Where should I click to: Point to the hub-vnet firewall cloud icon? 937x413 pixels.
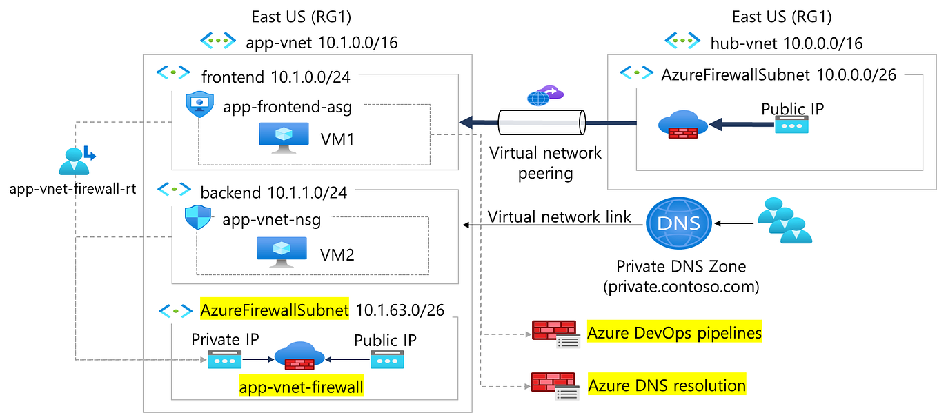pyautogui.click(x=682, y=125)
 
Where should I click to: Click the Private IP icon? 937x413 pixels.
pyautogui.click(x=225, y=359)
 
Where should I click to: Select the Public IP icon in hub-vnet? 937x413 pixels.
pyautogui.click(x=791, y=125)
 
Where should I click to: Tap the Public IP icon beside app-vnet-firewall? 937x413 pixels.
pyautogui.click(x=387, y=359)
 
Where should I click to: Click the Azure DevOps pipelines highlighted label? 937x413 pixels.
pyautogui.click(x=674, y=333)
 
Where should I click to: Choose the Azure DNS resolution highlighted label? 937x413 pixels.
pyautogui.click(x=666, y=385)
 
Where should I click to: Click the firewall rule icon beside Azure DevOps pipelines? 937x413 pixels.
pyautogui.click(x=555, y=334)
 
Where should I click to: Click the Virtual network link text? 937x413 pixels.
pyautogui.click(x=559, y=217)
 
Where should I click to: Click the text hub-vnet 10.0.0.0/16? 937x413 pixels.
pyautogui.click(x=786, y=43)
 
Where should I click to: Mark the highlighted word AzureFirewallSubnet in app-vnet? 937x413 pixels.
pyautogui.click(x=275, y=310)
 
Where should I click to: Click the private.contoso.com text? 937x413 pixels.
pyautogui.click(x=680, y=285)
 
